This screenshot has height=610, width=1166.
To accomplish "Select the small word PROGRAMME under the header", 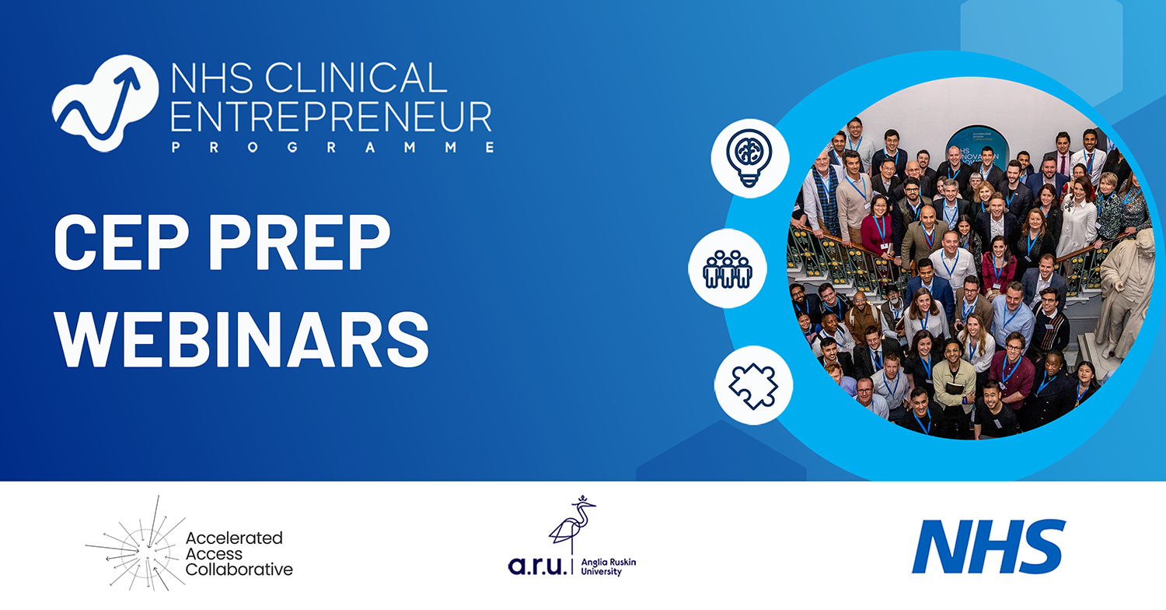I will pos(331,147).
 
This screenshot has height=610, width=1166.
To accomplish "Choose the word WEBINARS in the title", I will pos(241,332).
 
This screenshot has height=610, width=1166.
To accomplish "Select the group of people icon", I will pos(728,269).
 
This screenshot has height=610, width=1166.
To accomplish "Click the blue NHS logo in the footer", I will pos(988,547).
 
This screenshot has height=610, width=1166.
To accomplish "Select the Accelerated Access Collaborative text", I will pos(239,554).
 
